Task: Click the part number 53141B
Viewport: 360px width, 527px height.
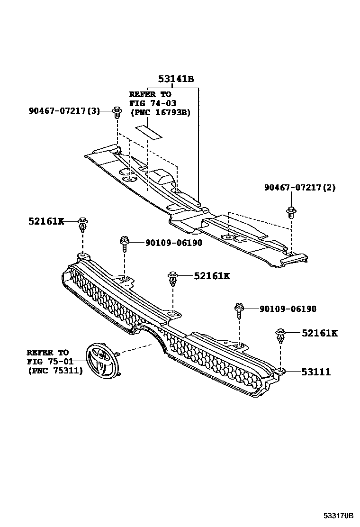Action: (175, 79)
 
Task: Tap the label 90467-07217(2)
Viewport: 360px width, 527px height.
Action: (299, 187)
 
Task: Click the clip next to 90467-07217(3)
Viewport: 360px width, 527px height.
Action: (116, 112)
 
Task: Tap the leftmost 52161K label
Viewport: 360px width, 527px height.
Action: (46, 221)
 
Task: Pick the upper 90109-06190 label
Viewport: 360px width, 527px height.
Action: (167, 243)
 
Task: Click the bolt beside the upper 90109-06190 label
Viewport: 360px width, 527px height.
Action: (125, 243)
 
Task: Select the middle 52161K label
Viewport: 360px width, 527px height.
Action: (211, 275)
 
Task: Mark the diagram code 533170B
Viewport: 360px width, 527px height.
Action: (339, 515)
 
